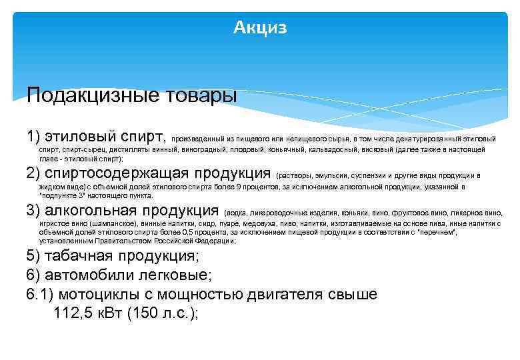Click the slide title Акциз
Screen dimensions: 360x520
[260, 27]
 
